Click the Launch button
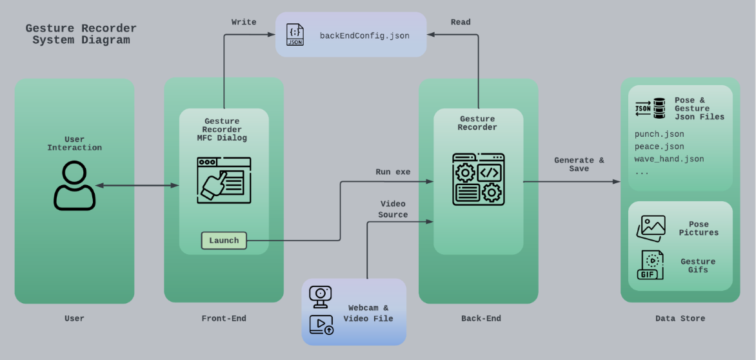click(x=224, y=241)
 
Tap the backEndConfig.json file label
click(x=364, y=36)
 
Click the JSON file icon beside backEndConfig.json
click(x=295, y=35)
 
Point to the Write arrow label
click(x=244, y=22)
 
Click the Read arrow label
click(x=461, y=22)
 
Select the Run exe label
click(x=393, y=172)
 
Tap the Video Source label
click(x=393, y=210)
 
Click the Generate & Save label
click(x=579, y=165)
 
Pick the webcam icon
click(x=320, y=295)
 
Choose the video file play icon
click(x=321, y=325)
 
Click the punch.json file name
click(x=659, y=134)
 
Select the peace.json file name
click(x=659, y=146)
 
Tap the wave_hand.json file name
click(x=669, y=159)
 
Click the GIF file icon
click(x=650, y=265)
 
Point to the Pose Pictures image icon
click(x=650, y=228)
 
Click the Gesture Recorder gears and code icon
click(x=479, y=179)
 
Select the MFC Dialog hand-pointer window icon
click(x=224, y=180)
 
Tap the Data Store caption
click(x=680, y=318)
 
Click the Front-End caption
click(x=224, y=318)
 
